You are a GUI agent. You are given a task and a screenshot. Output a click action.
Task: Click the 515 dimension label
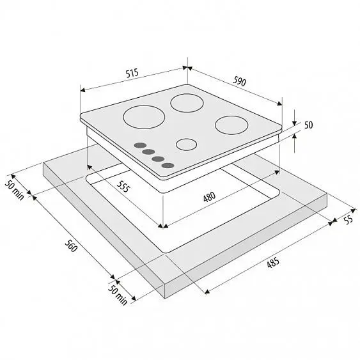(132, 74)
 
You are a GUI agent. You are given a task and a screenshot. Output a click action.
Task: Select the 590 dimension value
(239, 81)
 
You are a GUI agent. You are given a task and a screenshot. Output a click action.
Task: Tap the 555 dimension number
(123, 186)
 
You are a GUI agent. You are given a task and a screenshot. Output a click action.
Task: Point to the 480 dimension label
(209, 197)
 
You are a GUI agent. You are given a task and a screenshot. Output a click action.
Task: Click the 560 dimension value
(70, 246)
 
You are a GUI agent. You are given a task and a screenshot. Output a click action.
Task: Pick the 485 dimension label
(273, 262)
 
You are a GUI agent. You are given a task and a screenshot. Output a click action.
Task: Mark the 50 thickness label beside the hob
(309, 125)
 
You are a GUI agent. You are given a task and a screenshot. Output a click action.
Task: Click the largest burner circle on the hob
(144, 117)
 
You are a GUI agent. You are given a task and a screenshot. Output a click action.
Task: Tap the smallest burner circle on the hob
(187, 145)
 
